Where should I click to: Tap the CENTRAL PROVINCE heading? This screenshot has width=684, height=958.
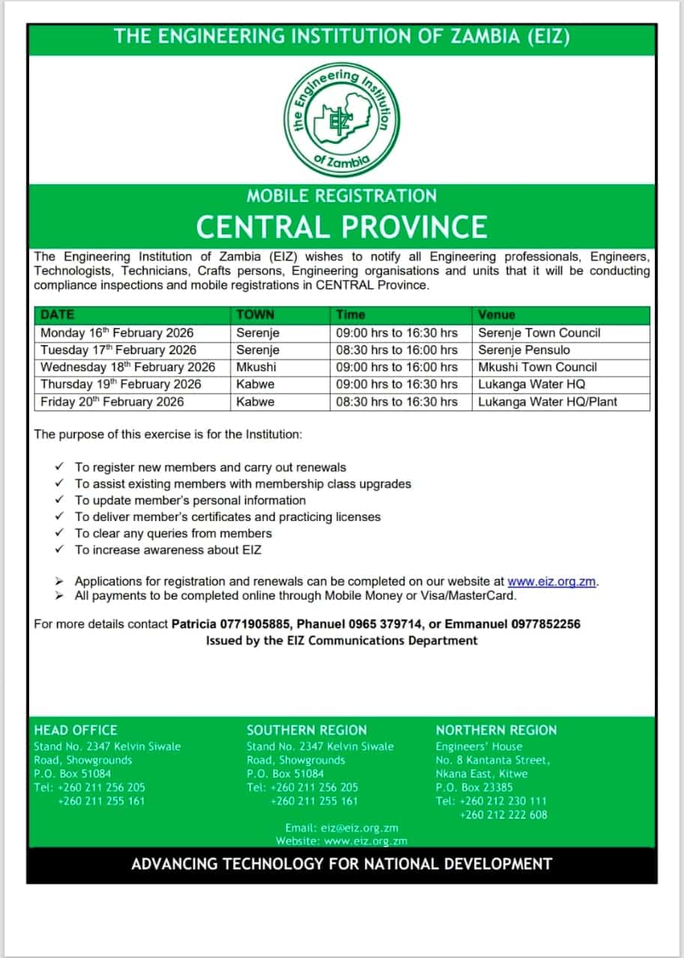coord(342,226)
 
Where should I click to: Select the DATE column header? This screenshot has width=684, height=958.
coord(58,315)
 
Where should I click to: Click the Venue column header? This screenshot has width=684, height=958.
coord(497,315)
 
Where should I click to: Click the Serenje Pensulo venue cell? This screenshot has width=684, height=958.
coord(524,350)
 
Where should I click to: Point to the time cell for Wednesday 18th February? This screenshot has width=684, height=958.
coord(396,367)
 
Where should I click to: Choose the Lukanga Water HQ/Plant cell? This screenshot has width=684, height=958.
coord(548,401)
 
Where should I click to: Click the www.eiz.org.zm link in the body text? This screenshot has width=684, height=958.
coord(552,581)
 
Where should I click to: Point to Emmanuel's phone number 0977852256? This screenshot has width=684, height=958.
coord(543,623)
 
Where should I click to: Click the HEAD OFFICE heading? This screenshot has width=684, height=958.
coord(76,730)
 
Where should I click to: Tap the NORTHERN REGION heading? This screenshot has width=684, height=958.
coord(496,730)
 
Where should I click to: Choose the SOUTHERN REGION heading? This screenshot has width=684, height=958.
coord(306,730)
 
